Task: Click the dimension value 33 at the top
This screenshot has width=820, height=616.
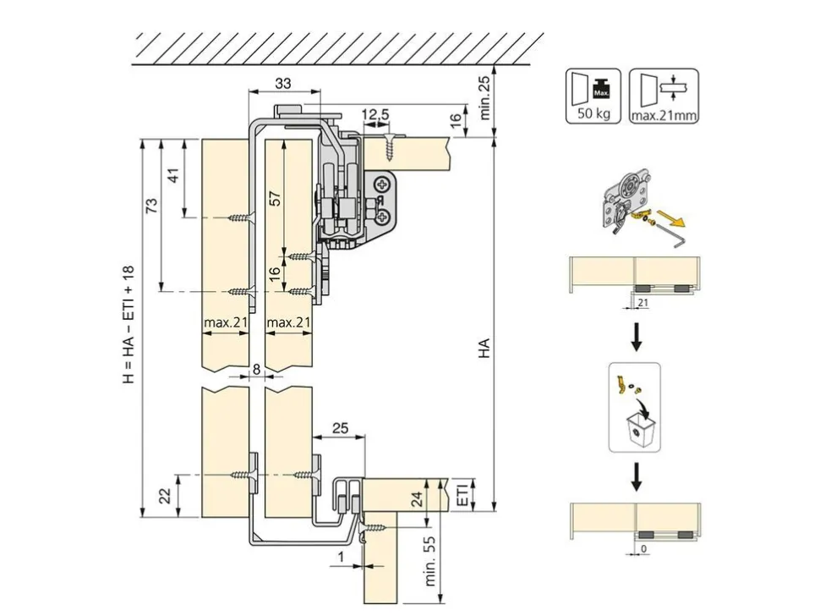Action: click(283, 83)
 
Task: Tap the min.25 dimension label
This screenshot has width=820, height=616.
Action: click(484, 98)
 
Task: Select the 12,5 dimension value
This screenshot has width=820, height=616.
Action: click(376, 114)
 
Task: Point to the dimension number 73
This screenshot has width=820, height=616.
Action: click(151, 205)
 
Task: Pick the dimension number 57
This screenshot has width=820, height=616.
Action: click(275, 199)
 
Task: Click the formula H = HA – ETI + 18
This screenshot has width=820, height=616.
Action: click(128, 324)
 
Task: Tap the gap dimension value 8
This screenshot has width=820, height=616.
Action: click(256, 369)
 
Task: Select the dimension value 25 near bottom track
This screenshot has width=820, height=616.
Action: click(340, 428)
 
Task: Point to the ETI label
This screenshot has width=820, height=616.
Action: click(462, 493)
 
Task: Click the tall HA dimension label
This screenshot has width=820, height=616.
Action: click(484, 348)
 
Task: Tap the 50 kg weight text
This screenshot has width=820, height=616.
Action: click(593, 113)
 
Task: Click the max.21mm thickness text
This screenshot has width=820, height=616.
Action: click(664, 115)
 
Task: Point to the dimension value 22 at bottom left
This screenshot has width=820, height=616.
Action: click(165, 496)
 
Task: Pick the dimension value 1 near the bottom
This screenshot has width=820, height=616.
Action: click(341, 558)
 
